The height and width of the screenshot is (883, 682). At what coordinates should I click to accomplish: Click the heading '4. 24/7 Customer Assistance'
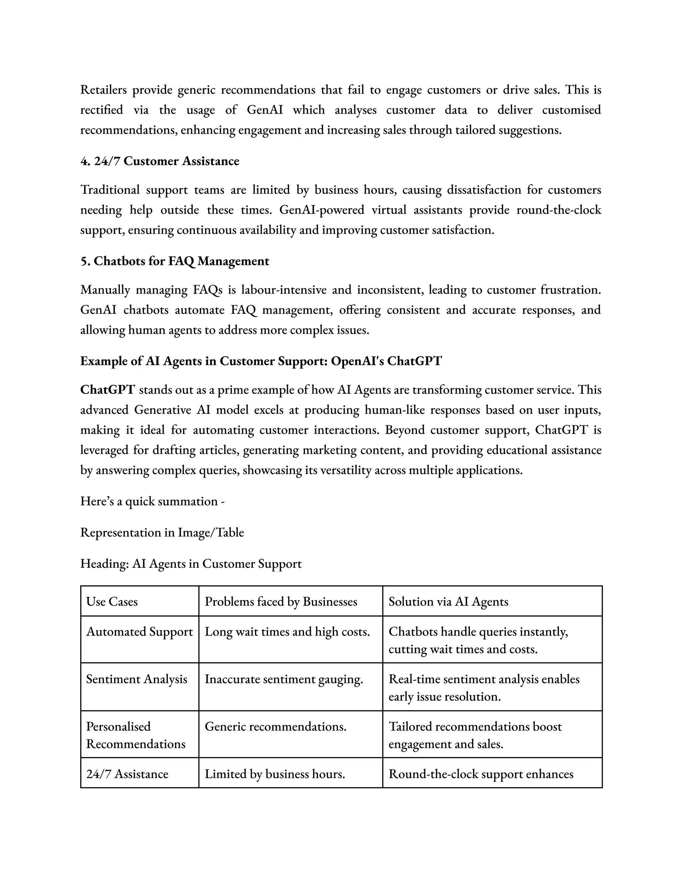tap(160, 161)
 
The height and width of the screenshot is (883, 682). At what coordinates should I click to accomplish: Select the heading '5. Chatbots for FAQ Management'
tap(174, 261)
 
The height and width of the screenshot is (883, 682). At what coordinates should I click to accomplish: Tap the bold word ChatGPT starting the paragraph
tap(107, 390)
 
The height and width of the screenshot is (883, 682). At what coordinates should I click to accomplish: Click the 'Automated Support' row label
tap(140, 631)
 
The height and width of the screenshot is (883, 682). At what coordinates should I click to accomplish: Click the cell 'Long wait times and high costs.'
tap(287, 631)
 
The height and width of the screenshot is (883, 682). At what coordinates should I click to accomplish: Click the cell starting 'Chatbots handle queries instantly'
tap(478, 640)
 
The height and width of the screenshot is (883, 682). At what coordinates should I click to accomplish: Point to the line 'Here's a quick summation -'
tap(152, 501)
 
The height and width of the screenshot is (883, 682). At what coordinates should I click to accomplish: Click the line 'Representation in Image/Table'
tap(162, 532)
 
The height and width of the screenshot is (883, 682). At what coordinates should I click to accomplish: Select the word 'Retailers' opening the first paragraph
tap(104, 90)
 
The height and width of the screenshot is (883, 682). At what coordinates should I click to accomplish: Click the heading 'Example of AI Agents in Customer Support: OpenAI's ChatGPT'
tap(261, 361)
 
